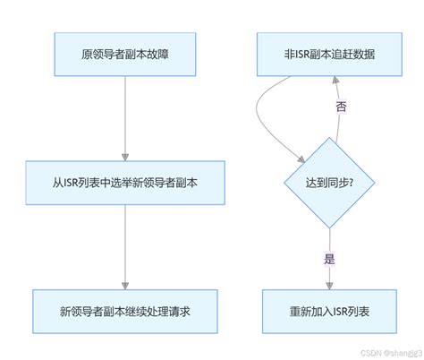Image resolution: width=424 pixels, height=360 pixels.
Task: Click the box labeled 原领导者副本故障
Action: pyautogui.click(x=125, y=56)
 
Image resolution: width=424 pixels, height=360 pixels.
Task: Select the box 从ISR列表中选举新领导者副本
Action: pyautogui.click(x=125, y=184)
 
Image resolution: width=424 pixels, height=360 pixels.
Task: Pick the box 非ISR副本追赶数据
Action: pyautogui.click(x=328, y=56)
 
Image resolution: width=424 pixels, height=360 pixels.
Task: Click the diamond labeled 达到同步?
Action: pyautogui.click(x=328, y=184)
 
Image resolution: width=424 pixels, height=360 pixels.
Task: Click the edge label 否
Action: pyautogui.click(x=341, y=107)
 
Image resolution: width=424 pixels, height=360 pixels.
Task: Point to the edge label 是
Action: pyautogui.click(x=328, y=259)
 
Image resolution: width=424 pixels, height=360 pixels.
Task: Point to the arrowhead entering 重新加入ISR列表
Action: pyautogui.click(x=328, y=284)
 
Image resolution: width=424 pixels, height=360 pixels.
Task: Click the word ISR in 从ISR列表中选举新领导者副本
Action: pyautogui.click(x=73, y=184)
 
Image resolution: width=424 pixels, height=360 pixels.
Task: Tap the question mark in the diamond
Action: pyautogui.click(x=352, y=184)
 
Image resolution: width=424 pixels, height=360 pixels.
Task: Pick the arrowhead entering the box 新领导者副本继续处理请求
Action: pyautogui.click(x=125, y=284)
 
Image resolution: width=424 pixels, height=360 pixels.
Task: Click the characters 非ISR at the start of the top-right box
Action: pyautogui.click(x=294, y=56)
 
